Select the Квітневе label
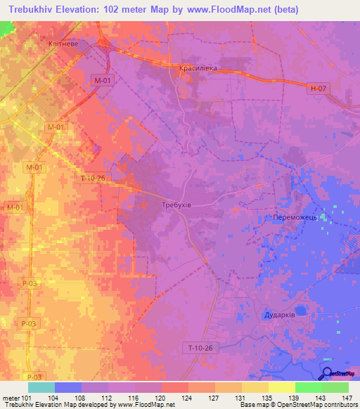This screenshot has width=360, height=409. [82, 41]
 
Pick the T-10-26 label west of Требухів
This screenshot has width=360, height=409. [91, 178]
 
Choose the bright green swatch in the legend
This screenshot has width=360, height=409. [308, 387]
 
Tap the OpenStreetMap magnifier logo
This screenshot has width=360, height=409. [328, 373]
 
